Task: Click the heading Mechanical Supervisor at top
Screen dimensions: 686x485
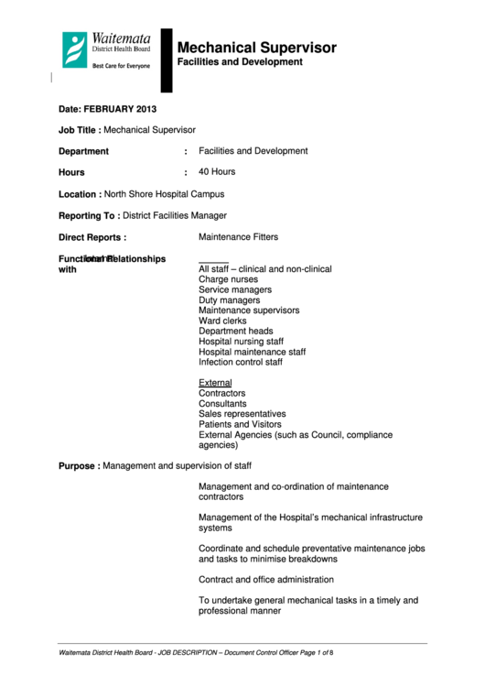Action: point(256,48)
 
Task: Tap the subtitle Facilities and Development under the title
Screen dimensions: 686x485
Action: point(239,62)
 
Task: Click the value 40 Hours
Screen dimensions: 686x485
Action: point(217,172)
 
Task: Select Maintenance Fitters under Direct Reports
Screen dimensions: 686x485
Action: point(238,237)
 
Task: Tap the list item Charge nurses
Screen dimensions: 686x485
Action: point(228,279)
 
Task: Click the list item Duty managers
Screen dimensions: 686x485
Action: point(229,300)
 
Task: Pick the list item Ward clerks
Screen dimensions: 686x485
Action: point(222,321)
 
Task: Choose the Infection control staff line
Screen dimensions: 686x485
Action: point(241,363)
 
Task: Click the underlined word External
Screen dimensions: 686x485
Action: point(215,383)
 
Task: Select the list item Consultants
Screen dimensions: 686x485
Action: point(222,404)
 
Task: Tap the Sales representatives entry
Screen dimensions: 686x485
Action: point(242,414)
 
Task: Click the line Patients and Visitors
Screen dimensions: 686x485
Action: point(240,425)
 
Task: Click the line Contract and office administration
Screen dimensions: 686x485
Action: point(266,580)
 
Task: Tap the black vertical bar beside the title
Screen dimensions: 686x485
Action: point(167,60)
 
